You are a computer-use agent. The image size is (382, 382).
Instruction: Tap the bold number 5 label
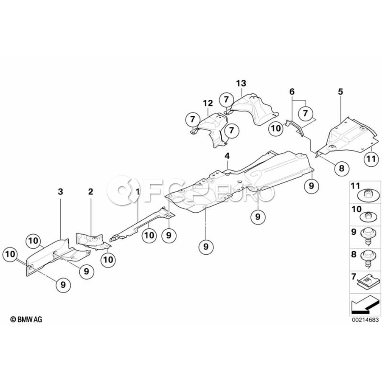tap(340, 91)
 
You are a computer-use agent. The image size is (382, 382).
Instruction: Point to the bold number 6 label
tap(292, 92)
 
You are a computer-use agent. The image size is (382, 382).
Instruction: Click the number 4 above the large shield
tap(228, 157)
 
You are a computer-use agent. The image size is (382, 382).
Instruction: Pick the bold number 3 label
tap(60, 192)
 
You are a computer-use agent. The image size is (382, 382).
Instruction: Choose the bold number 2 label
tap(90, 192)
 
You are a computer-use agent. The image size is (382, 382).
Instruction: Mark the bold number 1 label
tap(137, 192)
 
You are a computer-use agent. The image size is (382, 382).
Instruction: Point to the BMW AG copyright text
tap(26, 319)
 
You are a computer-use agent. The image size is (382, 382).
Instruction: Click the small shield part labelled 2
tap(91, 239)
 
